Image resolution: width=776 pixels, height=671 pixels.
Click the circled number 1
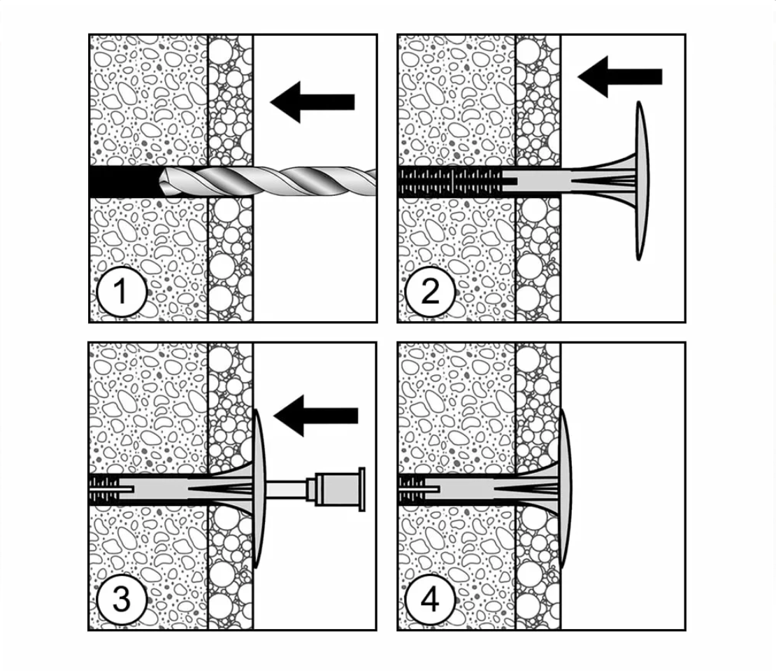(x=122, y=291)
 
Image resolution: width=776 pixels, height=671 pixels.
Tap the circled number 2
(x=430, y=291)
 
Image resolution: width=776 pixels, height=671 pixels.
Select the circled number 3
(x=122, y=600)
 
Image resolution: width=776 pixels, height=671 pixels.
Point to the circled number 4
(x=430, y=600)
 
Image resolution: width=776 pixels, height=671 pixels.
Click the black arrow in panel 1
(x=312, y=102)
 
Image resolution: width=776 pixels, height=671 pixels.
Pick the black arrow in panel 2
(x=620, y=76)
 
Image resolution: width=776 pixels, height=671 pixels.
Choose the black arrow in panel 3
(x=316, y=416)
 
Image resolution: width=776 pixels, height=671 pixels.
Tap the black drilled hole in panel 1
(x=122, y=181)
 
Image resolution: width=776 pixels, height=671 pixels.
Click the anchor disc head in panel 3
(x=259, y=488)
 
